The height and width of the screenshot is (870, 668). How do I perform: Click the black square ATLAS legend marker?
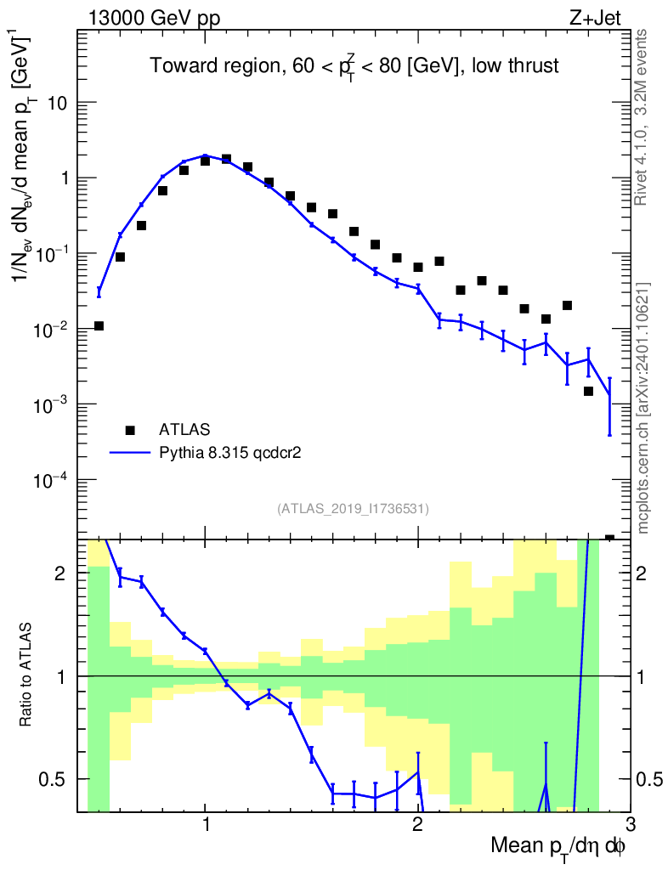tap(130, 430)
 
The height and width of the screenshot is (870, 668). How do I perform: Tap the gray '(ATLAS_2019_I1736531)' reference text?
tap(353, 509)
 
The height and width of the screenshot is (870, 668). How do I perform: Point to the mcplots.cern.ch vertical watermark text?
tap(643, 408)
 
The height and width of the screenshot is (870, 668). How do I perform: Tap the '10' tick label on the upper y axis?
tap(58, 104)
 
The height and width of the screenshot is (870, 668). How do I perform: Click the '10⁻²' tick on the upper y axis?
tap(53, 328)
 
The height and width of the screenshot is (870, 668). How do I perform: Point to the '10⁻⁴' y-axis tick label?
tap(53, 479)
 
